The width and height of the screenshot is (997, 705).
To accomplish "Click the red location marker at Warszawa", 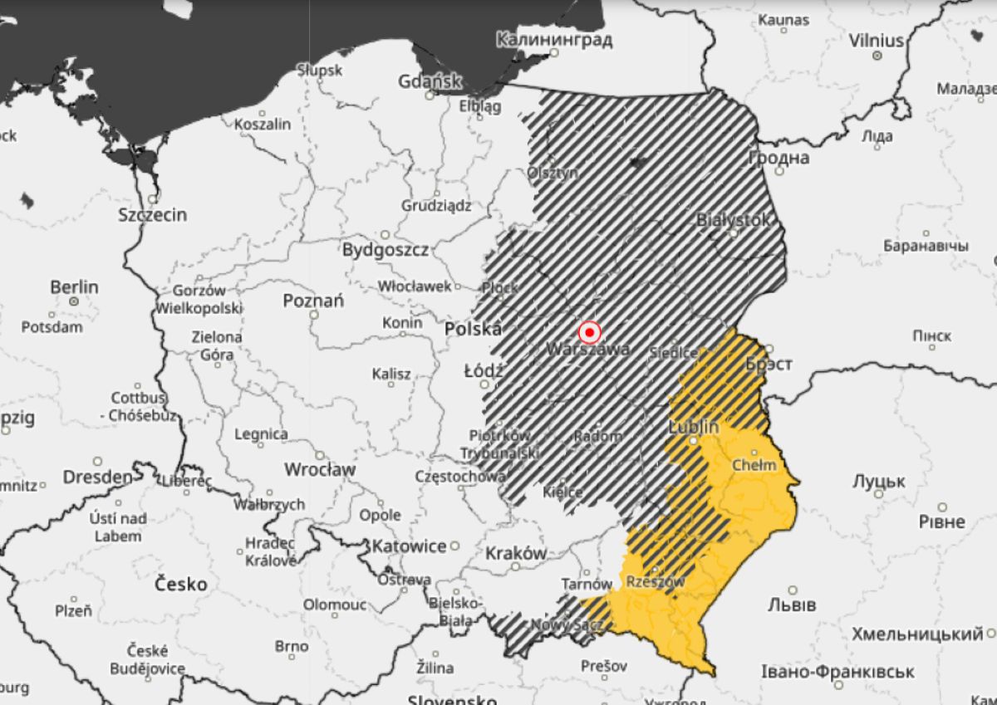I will (x=589, y=333).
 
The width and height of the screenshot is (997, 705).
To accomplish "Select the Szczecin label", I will (x=152, y=215).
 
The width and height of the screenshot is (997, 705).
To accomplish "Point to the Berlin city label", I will (x=74, y=287).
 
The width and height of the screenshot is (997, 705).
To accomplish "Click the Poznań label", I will (x=313, y=301).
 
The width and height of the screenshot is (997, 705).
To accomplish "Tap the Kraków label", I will (x=516, y=553).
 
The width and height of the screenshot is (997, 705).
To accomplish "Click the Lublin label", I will (x=693, y=428).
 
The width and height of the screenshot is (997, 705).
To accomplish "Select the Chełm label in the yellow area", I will (x=754, y=465).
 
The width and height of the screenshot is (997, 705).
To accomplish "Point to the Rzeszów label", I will (x=655, y=581).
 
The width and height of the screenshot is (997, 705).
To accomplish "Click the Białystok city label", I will (x=733, y=220).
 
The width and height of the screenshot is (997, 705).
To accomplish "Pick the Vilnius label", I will (x=876, y=41).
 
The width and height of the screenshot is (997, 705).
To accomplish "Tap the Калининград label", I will (x=554, y=40).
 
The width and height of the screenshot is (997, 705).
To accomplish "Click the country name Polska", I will (x=473, y=329).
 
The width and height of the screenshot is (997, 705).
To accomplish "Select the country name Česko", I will (x=181, y=584).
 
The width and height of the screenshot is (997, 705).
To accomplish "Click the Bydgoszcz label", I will (x=386, y=250).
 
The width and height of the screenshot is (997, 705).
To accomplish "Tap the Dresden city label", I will (x=97, y=477).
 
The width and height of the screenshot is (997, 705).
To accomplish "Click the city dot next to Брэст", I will (x=769, y=349).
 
